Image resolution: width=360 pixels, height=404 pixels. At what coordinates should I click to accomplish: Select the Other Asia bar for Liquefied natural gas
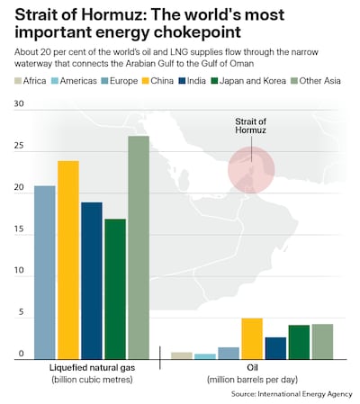pyautogui.click(x=138, y=248)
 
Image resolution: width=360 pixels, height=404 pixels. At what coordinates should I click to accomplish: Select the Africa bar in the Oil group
pyautogui.click(x=182, y=356)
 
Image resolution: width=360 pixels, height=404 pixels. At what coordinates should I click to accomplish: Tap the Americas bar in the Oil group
pyautogui.click(x=205, y=357)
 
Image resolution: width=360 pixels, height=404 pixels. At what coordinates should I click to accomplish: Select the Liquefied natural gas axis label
pyautogui.click(x=92, y=367)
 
